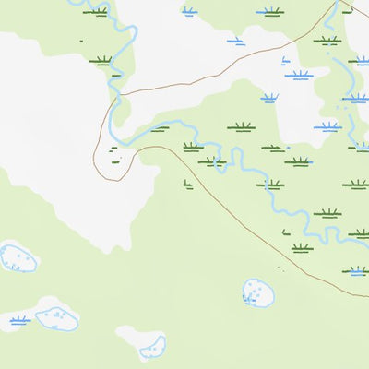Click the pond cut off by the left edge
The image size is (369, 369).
(16, 256)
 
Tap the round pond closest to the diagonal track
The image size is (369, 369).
(258, 293)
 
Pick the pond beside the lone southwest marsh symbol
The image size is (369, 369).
(55, 315)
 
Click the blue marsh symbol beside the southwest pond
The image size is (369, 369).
(19, 320)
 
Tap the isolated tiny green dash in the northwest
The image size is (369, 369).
(81, 41)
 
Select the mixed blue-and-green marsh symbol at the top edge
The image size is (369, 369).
(95, 12)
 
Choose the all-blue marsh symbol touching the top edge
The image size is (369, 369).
(189, 12)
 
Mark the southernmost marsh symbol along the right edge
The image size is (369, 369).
(356, 271)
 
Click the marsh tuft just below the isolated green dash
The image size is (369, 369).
(101, 61)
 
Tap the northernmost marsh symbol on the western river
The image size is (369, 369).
(95, 12)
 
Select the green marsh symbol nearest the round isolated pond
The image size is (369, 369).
(302, 247)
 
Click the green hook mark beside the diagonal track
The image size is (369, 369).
(187, 185)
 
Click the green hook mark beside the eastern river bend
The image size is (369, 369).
(286, 232)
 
